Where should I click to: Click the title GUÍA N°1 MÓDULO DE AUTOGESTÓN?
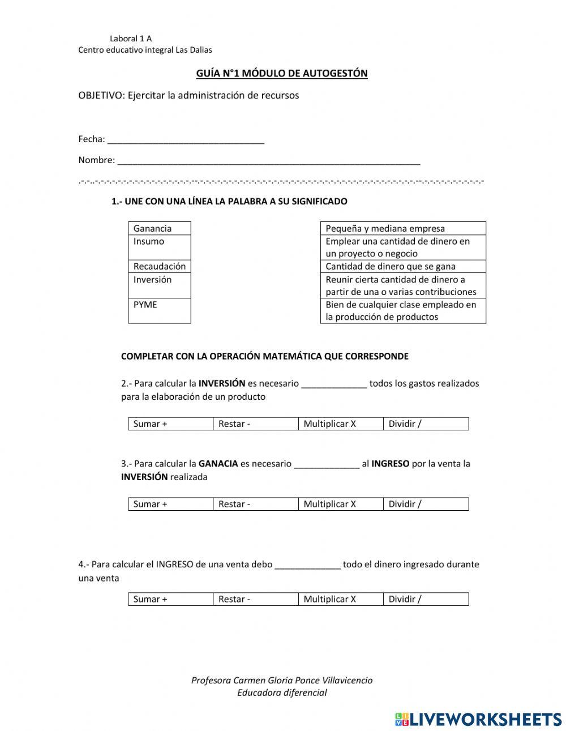tap(281, 73)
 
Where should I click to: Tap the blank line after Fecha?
tap(186, 140)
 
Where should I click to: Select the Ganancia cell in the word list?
tap(159, 228)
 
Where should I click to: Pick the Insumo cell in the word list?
tap(159, 247)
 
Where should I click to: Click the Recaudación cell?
tap(159, 266)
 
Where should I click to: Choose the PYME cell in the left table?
tap(159, 310)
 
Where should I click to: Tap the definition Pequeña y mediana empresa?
tap(402, 228)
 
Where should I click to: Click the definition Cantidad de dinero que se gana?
tap(402, 266)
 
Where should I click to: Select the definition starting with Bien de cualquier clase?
tap(402, 310)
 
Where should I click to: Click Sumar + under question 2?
tap(170, 424)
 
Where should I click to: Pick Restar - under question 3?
tap(255, 504)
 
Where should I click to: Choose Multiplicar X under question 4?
tap(340, 599)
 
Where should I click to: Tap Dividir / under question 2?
tap(426, 424)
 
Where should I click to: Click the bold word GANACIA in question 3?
tap(218, 464)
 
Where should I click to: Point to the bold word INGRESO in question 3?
tap(390, 464)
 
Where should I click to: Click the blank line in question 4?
tap(307, 565)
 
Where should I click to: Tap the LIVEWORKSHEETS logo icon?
tap(402, 719)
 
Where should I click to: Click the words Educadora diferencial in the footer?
tap(282, 692)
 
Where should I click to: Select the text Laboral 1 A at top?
tap(131, 39)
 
